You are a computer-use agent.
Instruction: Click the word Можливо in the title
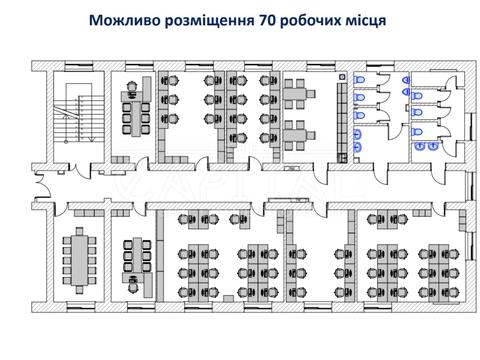pos(122,20)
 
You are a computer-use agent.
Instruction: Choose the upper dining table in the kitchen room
pos(297,96)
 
